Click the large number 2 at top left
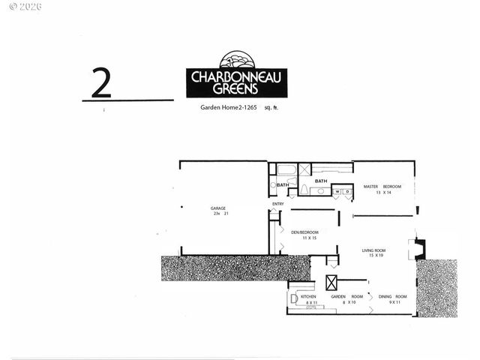point(101,83)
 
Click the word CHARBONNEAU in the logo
point(236,76)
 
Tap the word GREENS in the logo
point(236,88)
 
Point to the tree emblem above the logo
point(236,60)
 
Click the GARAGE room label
point(217,208)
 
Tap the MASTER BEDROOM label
point(382,186)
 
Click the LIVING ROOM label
point(373,250)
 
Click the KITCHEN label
point(309,297)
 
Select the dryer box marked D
point(347,191)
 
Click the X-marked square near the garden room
point(331,282)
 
